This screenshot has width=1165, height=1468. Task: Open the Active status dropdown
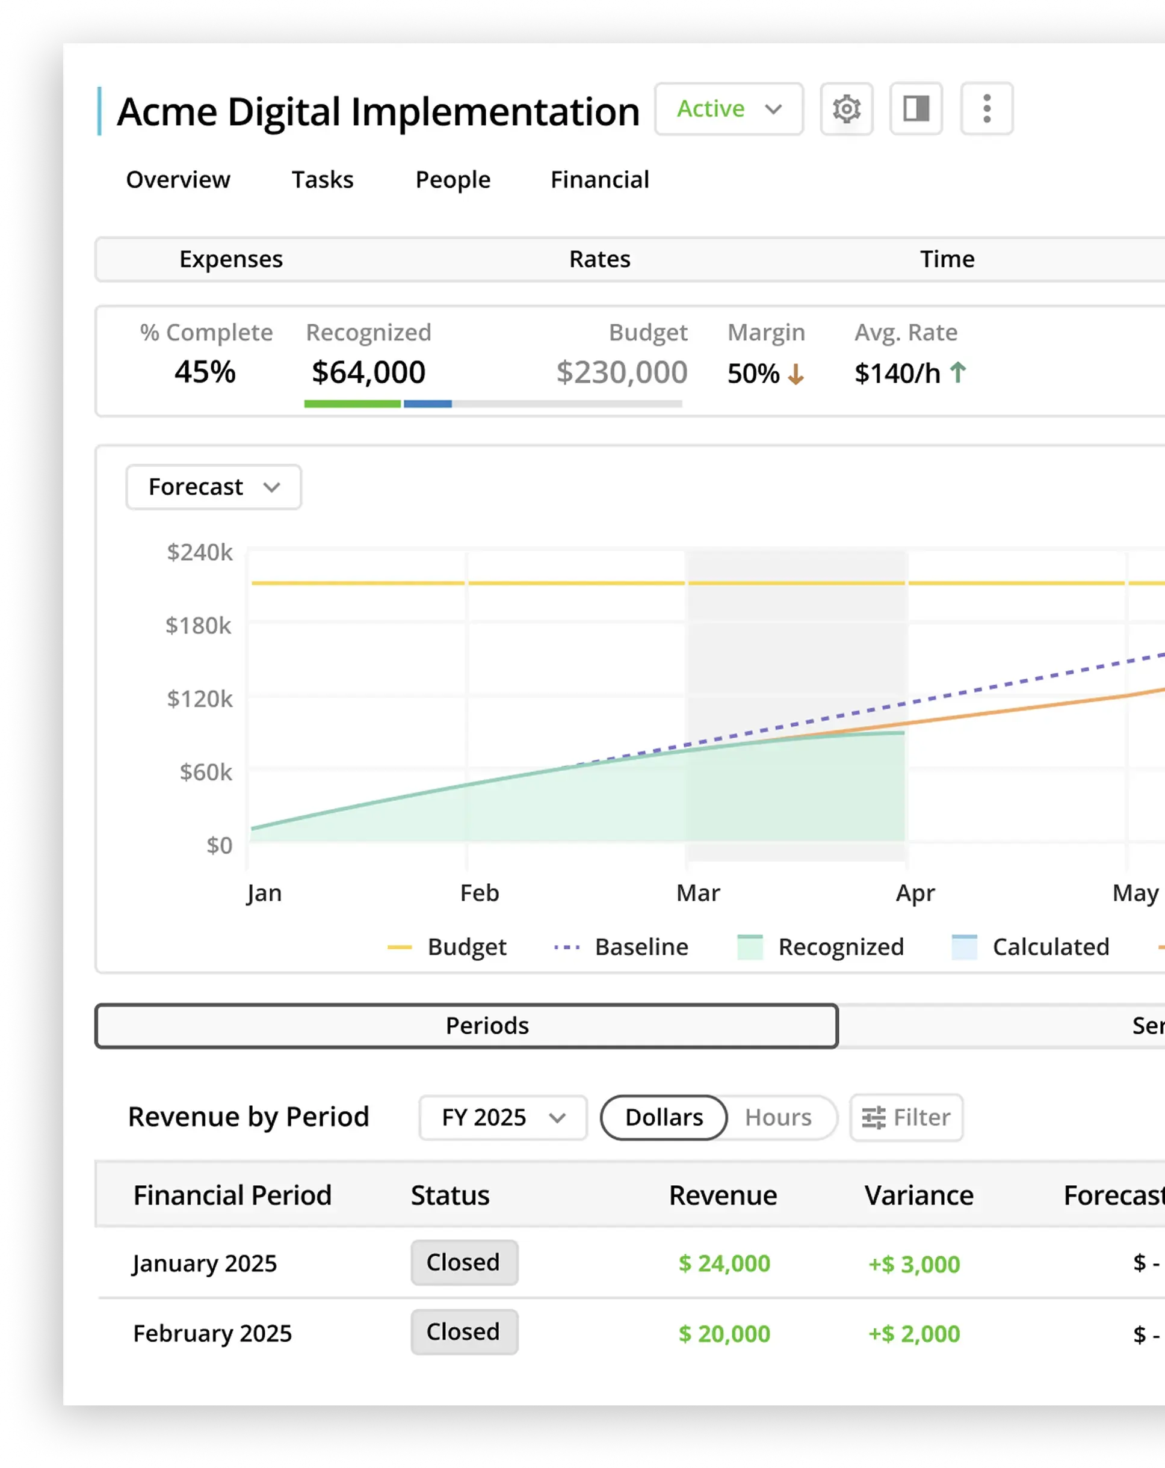coord(729,109)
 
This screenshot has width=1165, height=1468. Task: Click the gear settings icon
coord(846,109)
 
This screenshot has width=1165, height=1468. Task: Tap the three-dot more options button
coord(987,109)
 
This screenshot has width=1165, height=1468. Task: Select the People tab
coord(453,180)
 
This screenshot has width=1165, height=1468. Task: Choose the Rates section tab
coord(599,259)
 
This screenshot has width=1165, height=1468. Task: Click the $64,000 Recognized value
coord(368,372)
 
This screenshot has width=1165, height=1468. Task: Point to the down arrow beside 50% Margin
coord(796,374)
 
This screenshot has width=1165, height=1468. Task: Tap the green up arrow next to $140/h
coord(958,372)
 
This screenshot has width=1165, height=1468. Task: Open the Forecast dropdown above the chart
coord(214,487)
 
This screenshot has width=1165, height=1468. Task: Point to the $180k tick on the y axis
coord(199,626)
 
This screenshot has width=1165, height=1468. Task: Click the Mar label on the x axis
coord(698,893)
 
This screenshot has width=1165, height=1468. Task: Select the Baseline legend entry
coord(621,947)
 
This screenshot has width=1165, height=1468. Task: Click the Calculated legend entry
coord(1031,947)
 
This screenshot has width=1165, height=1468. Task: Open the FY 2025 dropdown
coord(502,1118)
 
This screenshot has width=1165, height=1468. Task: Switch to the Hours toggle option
coord(777,1118)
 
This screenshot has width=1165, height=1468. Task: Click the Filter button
coord(906,1118)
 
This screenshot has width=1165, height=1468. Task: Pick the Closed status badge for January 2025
coord(464,1263)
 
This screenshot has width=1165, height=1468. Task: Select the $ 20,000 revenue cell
coord(724,1334)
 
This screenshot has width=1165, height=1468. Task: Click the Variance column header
coord(918,1195)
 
